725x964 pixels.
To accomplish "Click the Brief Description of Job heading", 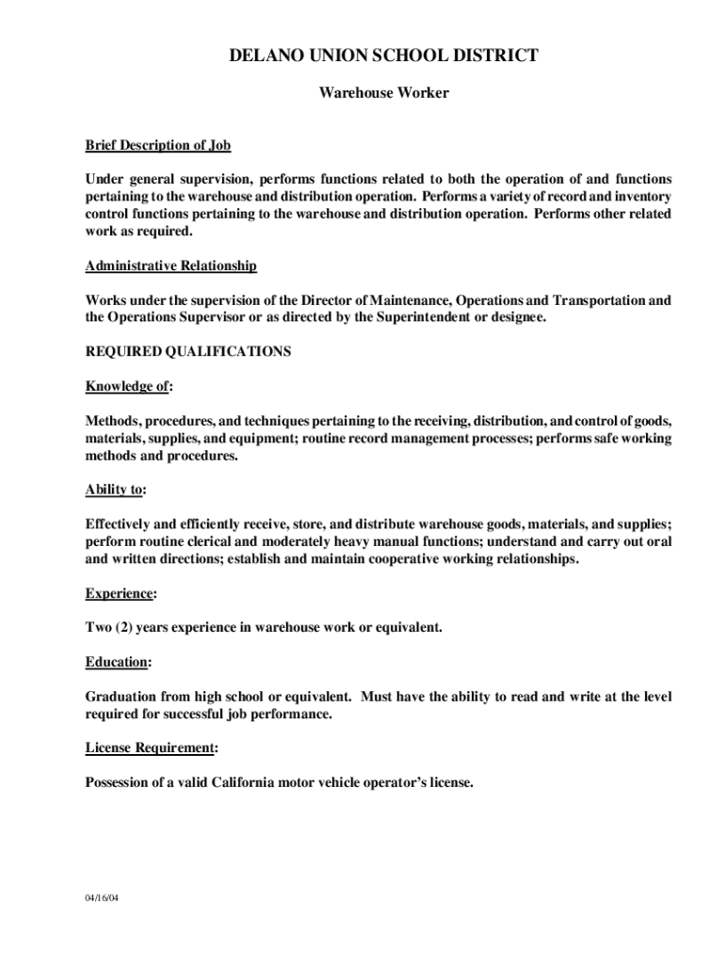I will pos(158,146).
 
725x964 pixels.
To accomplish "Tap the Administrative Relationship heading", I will pos(170,266).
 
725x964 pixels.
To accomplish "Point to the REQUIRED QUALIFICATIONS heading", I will pos(188,352).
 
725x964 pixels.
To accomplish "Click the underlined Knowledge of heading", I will pos(128,386).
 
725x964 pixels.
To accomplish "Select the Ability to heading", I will pos(115,490).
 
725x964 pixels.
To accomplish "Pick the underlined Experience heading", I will pos(120,593).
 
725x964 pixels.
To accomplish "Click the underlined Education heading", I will pos(118,662).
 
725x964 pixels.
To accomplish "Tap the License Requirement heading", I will pos(151,747).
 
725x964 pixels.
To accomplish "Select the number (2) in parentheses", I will pos(127,627).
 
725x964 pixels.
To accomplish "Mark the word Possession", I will pos(119,782).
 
